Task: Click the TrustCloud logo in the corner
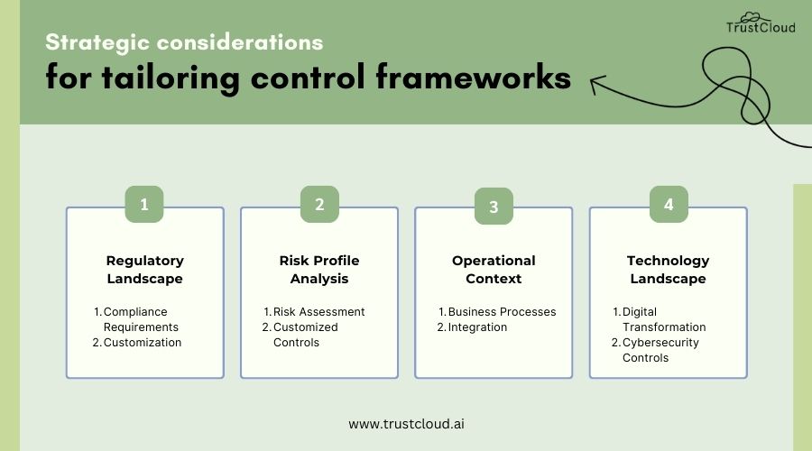pyautogui.click(x=761, y=23)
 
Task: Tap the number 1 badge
pyautogui.click(x=143, y=205)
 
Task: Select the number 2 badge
pyautogui.click(x=319, y=205)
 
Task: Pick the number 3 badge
pyautogui.click(x=494, y=207)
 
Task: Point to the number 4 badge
pyautogui.click(x=669, y=205)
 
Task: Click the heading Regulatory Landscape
pyautogui.click(x=144, y=270)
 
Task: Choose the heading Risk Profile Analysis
pyautogui.click(x=319, y=270)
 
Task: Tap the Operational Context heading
pyautogui.click(x=494, y=270)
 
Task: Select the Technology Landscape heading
pyautogui.click(x=668, y=270)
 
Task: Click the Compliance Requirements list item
pyautogui.click(x=140, y=319)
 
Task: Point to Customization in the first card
pyautogui.click(x=142, y=343)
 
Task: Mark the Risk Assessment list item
pyautogui.click(x=318, y=312)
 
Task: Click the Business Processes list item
pyautogui.click(x=502, y=312)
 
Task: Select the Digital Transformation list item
pyautogui.click(x=663, y=319)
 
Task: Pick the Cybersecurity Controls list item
pyautogui.click(x=660, y=350)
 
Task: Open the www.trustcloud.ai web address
pyautogui.click(x=406, y=423)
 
